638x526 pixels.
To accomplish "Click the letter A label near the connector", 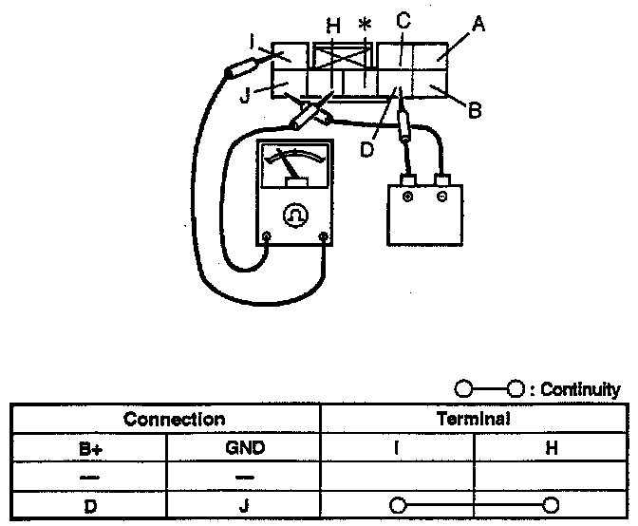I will pyautogui.click(x=478, y=26).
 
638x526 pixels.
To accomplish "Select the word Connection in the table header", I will pyautogui.click(x=175, y=419).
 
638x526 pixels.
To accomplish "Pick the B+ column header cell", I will pyautogui.click(x=90, y=446).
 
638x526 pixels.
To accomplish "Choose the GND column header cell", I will pyautogui.click(x=244, y=446).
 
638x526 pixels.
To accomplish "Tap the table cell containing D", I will pyautogui.click(x=90, y=506).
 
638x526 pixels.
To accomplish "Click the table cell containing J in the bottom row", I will pyautogui.click(x=244, y=506).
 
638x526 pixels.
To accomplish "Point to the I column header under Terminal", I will pyautogui.click(x=397, y=446).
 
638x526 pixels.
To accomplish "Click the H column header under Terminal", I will pyautogui.click(x=552, y=446).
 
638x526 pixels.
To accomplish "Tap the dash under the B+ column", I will pyautogui.click(x=90, y=476).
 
